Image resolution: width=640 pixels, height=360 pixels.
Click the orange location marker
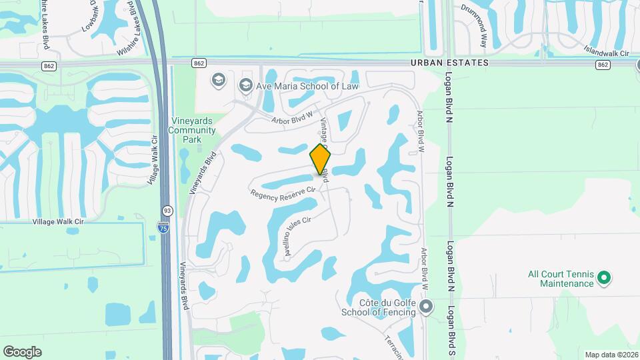pos(321,159)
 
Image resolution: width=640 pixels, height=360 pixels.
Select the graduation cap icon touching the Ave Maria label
pos(245,85)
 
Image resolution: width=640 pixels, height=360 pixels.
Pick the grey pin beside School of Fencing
pos(426,307)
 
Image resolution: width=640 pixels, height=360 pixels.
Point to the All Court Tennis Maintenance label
pos(560,279)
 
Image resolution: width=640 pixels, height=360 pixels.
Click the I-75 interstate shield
pos(163,228)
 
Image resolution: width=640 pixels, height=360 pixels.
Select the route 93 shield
pos(167,210)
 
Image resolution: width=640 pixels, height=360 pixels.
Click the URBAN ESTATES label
pos(449,63)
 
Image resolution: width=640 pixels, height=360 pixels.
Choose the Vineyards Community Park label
pos(192,130)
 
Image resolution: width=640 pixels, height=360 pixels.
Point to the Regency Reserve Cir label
pos(283,193)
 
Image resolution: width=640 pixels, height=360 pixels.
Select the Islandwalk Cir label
pos(606,51)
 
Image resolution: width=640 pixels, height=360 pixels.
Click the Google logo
pos(22,351)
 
